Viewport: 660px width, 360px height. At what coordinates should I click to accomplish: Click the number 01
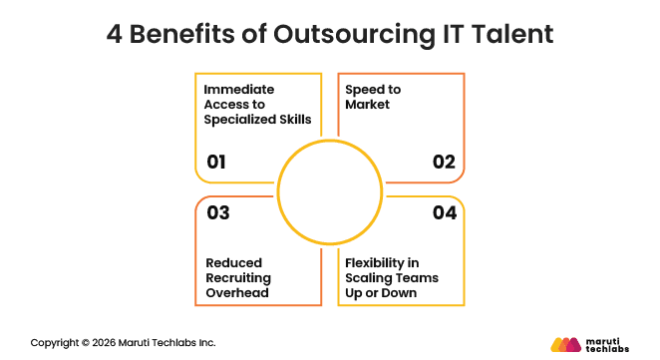[x=217, y=162]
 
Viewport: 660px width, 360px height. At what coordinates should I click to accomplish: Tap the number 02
[x=444, y=162]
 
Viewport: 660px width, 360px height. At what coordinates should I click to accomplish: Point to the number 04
[x=445, y=212]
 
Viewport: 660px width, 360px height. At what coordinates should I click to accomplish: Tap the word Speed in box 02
[x=366, y=90]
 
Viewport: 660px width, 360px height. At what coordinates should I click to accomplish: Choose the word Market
[x=368, y=105]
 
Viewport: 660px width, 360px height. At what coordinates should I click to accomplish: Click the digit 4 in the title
[x=116, y=34]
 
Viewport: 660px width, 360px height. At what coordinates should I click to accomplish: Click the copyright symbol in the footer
[x=84, y=342]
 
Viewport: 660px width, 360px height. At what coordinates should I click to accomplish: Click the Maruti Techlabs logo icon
[x=566, y=344]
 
